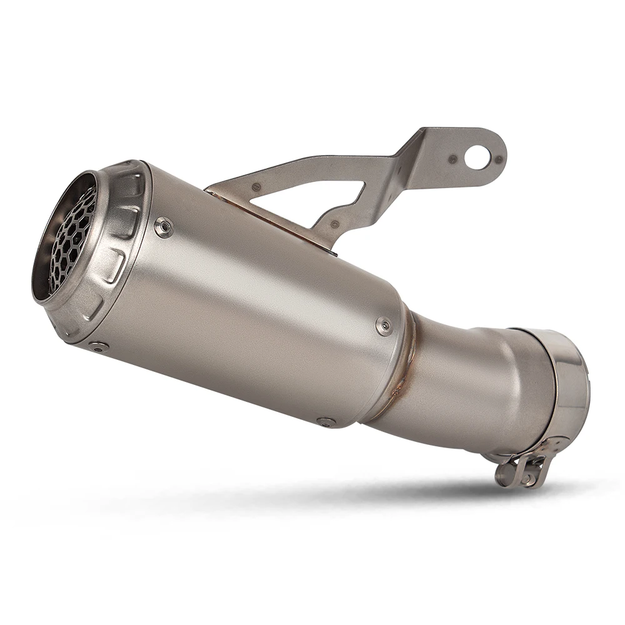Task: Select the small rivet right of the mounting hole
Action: coord(497,159)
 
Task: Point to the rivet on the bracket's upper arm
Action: coord(255,186)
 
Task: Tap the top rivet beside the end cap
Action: coord(164,227)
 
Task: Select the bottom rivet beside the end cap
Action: coord(98,346)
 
